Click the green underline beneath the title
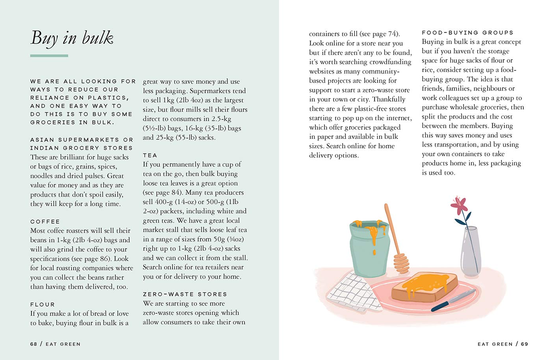pyautogui.click(x=49, y=56)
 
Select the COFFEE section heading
pyautogui.click(x=45, y=222)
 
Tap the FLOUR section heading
pyautogui.click(x=43, y=305)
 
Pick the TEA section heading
pyautogui.click(x=150, y=155)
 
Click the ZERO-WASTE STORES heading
pyautogui.click(x=185, y=294)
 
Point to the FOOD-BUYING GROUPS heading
pyautogui.click(x=467, y=33)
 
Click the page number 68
pyautogui.click(x=33, y=344)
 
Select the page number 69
pyautogui.click(x=524, y=344)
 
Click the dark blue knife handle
pyautogui.click(x=441, y=305)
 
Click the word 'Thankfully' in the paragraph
pyautogui.click(x=388, y=99)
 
